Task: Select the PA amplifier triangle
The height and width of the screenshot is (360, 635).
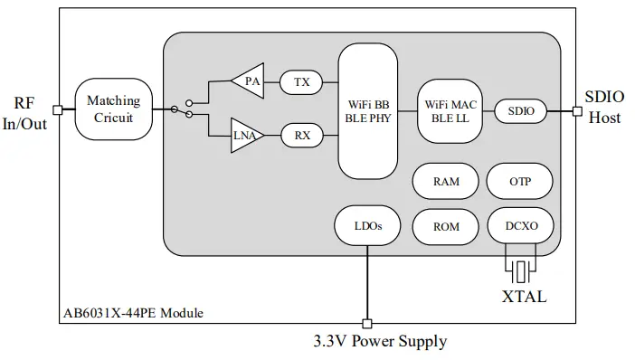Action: pos(248,82)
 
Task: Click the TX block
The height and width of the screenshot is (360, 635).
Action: pos(301,82)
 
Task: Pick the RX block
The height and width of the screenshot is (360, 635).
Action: pos(301,136)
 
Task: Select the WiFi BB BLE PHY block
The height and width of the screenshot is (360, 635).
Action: pos(368,109)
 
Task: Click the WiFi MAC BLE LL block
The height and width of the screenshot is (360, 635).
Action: pos(450,110)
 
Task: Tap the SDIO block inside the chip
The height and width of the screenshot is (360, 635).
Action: pos(521,110)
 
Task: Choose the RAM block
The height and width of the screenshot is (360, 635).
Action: pos(445,181)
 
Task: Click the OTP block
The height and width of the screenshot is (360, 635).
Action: pos(520,181)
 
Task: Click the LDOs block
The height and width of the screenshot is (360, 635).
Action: pos(367,223)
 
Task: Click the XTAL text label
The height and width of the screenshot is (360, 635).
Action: pos(525,295)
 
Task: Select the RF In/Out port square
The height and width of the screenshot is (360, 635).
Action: pos(57,109)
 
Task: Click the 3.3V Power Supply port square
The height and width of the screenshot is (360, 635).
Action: pos(367,322)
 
